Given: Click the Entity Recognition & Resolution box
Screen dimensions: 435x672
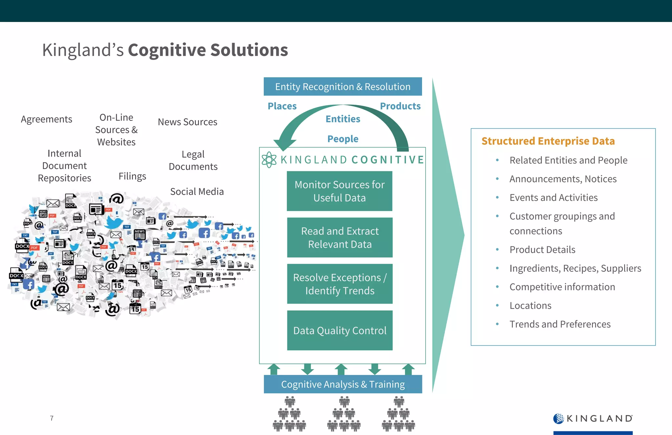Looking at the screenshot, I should (x=343, y=87).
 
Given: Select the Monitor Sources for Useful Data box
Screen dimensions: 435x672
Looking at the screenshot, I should (x=339, y=191).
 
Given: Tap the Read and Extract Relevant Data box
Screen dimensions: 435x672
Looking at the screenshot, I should (x=340, y=237).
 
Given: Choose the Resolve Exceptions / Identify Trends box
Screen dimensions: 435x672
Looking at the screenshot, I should (x=340, y=284).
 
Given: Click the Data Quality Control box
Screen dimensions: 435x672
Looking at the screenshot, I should (x=340, y=330).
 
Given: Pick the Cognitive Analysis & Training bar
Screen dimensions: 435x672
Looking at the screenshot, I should (x=343, y=384).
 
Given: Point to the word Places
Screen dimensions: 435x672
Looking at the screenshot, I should (x=282, y=106).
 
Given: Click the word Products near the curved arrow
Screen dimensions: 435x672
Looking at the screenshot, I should (x=400, y=106).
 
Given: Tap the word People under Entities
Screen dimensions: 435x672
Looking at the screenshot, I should (x=343, y=139).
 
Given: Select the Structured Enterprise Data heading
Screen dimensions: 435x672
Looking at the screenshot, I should (x=548, y=141).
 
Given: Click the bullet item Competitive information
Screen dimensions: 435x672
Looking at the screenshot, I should (x=562, y=287).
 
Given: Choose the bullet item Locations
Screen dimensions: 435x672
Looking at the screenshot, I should (x=530, y=306).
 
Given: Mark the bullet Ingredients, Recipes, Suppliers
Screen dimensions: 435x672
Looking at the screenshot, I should (x=575, y=268).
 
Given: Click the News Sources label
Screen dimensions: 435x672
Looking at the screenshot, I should (x=187, y=122).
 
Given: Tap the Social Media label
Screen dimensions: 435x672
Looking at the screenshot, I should (x=197, y=191).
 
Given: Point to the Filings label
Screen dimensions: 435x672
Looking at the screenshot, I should (x=132, y=176).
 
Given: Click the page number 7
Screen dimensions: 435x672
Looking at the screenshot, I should (x=52, y=418).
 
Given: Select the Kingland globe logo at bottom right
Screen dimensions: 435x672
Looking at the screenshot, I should (x=558, y=418).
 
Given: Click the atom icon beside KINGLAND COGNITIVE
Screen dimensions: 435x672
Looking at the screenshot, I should (x=269, y=160).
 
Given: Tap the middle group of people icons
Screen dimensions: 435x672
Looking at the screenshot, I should (x=344, y=414).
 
